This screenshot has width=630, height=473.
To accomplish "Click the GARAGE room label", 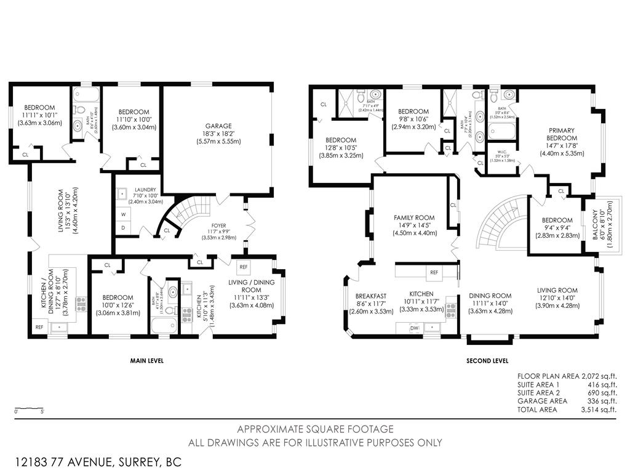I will pos(218,126).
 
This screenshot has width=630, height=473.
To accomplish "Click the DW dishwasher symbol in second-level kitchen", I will pos(415,328).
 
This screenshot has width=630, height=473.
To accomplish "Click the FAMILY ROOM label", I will pos(414,217).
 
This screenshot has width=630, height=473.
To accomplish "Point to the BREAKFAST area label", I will pos(370,296).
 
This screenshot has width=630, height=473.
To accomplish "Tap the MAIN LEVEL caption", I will pos(146,361).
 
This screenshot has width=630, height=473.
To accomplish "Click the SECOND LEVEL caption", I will pos(488,361).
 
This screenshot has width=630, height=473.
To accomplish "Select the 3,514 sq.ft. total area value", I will pos(599,409).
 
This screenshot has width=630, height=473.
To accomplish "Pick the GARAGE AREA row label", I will pos(542,401).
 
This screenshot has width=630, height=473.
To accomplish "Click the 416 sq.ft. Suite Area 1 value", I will pos(602,384).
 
